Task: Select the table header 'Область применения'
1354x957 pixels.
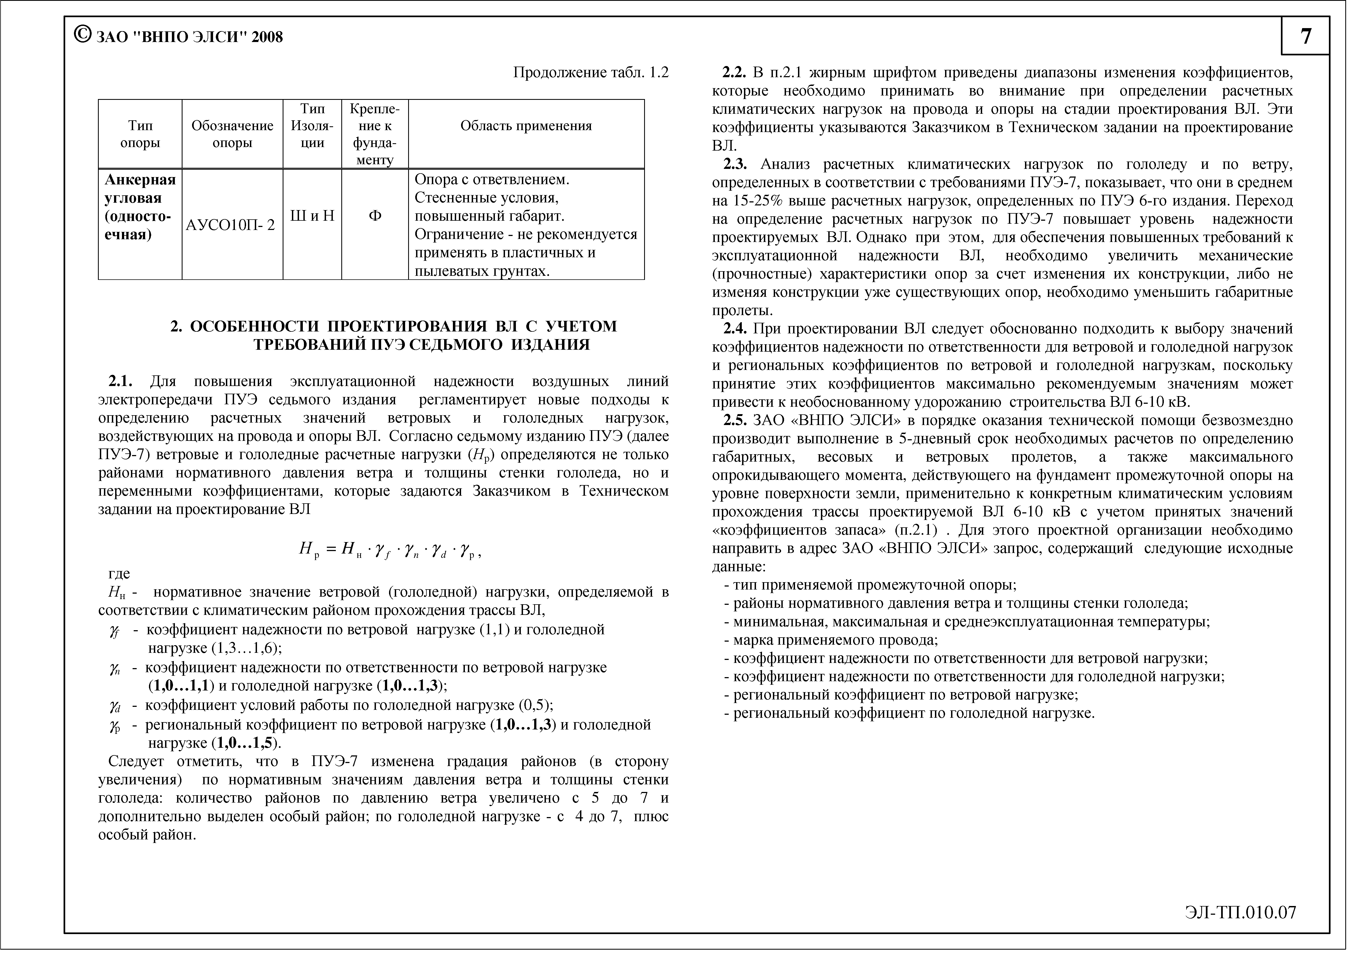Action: [525, 125]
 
